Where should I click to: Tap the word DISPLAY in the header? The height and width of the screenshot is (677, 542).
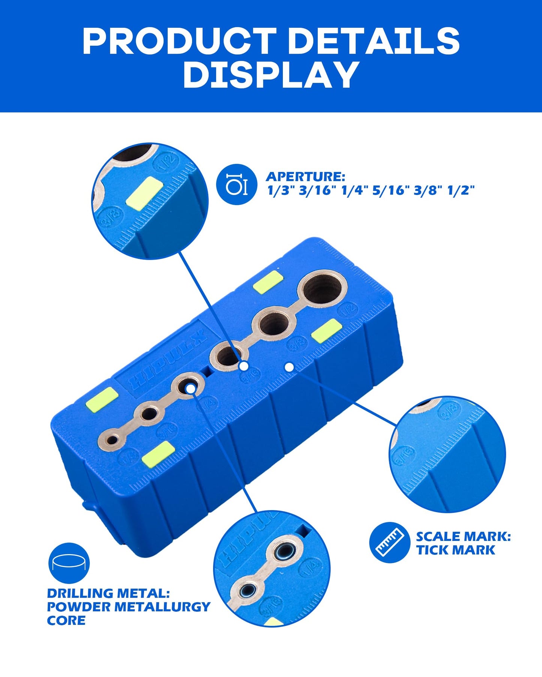271,75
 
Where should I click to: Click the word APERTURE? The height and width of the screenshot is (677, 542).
305,177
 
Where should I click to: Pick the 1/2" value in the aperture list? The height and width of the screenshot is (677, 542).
461,190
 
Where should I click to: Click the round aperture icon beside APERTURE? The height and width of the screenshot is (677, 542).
237,184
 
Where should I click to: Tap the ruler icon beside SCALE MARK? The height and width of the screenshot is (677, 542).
389,542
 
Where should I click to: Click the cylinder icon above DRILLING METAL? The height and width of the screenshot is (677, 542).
69,563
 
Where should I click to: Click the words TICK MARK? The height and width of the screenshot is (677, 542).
455,550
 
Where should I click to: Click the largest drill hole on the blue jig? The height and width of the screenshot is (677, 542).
323,288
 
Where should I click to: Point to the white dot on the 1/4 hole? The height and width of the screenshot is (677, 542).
191,389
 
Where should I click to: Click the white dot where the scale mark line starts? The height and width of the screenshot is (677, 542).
289,367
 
